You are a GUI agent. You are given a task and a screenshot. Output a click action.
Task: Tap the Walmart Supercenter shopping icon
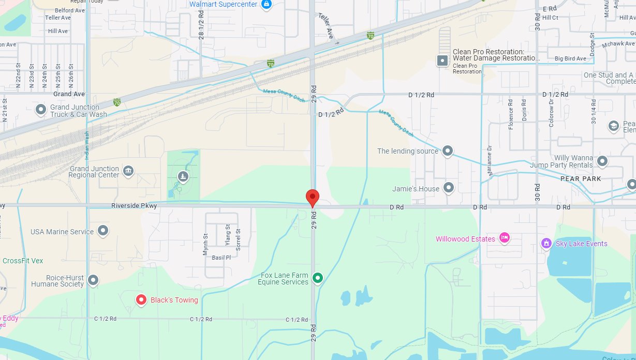click(x=267, y=5)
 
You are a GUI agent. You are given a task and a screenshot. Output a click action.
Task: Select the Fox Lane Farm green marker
click(x=318, y=278)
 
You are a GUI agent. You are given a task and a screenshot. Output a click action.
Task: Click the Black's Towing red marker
click(x=141, y=300)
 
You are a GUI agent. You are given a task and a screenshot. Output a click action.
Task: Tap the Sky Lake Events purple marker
click(x=546, y=243)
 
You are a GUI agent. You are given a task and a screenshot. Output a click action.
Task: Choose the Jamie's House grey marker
click(x=449, y=188)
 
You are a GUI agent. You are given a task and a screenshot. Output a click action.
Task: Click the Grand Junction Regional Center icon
click(x=128, y=170)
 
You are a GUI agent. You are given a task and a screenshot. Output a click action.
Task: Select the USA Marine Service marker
click(x=103, y=231)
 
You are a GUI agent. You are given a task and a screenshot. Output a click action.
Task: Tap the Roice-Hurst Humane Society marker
click(x=93, y=280)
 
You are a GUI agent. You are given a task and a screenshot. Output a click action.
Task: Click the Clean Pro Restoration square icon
click(x=442, y=61)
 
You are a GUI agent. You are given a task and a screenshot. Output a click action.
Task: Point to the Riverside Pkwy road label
click(x=134, y=206)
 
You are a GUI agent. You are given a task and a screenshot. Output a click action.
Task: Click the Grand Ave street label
click(x=69, y=94)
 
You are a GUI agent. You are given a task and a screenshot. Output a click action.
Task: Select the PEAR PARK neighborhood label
click(x=581, y=178)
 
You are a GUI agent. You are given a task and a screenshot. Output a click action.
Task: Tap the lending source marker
click(x=448, y=151)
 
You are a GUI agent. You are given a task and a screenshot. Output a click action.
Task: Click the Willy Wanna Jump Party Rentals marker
click(x=602, y=161)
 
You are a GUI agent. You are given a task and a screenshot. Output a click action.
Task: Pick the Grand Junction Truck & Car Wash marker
click(x=41, y=110)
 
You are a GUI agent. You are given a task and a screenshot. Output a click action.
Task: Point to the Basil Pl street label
click(x=221, y=257)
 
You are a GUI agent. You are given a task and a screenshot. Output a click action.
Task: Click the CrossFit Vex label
click(x=23, y=261)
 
